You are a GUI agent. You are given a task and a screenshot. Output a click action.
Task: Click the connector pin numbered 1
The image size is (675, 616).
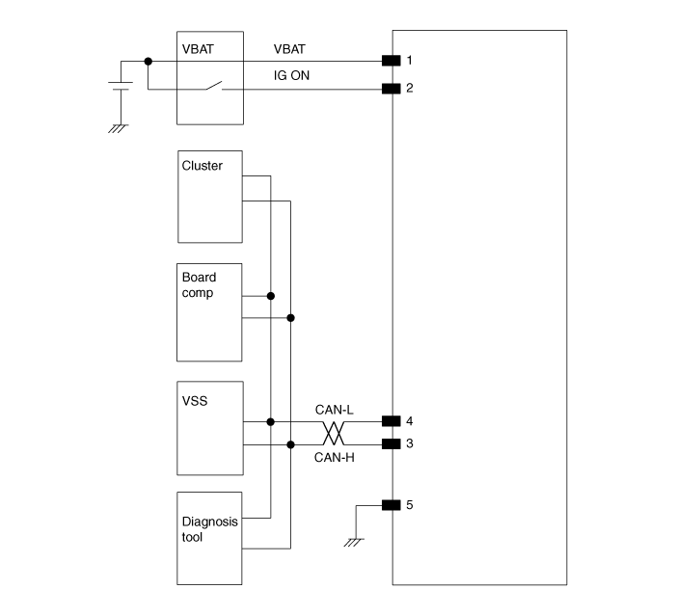click(391, 61)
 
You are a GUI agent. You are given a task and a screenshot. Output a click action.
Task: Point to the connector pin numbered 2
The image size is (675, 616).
click(391, 90)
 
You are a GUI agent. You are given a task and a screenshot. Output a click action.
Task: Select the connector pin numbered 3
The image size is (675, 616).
click(391, 444)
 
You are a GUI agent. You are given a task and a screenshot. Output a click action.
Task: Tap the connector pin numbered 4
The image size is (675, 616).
click(391, 421)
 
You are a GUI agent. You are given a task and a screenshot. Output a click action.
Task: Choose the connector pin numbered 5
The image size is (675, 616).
click(391, 504)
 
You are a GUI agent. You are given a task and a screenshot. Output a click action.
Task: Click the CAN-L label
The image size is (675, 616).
click(335, 410)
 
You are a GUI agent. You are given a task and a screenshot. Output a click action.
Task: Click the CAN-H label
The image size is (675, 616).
click(335, 457)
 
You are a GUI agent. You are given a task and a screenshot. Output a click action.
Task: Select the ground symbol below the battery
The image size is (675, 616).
click(119, 126)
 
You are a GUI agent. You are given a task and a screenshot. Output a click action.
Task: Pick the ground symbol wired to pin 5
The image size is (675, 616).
click(355, 542)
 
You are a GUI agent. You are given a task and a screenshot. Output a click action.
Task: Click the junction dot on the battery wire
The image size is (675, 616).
click(148, 61)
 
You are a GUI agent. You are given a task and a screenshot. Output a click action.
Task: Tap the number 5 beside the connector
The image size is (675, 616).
click(410, 504)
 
